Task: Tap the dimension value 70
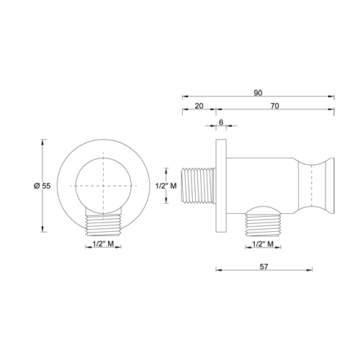coord(274,105)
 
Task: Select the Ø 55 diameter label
coord(41,186)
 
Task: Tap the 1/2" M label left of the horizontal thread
coord(166,186)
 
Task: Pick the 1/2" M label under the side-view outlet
coord(265,246)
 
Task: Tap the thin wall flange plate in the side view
coord(220,186)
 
